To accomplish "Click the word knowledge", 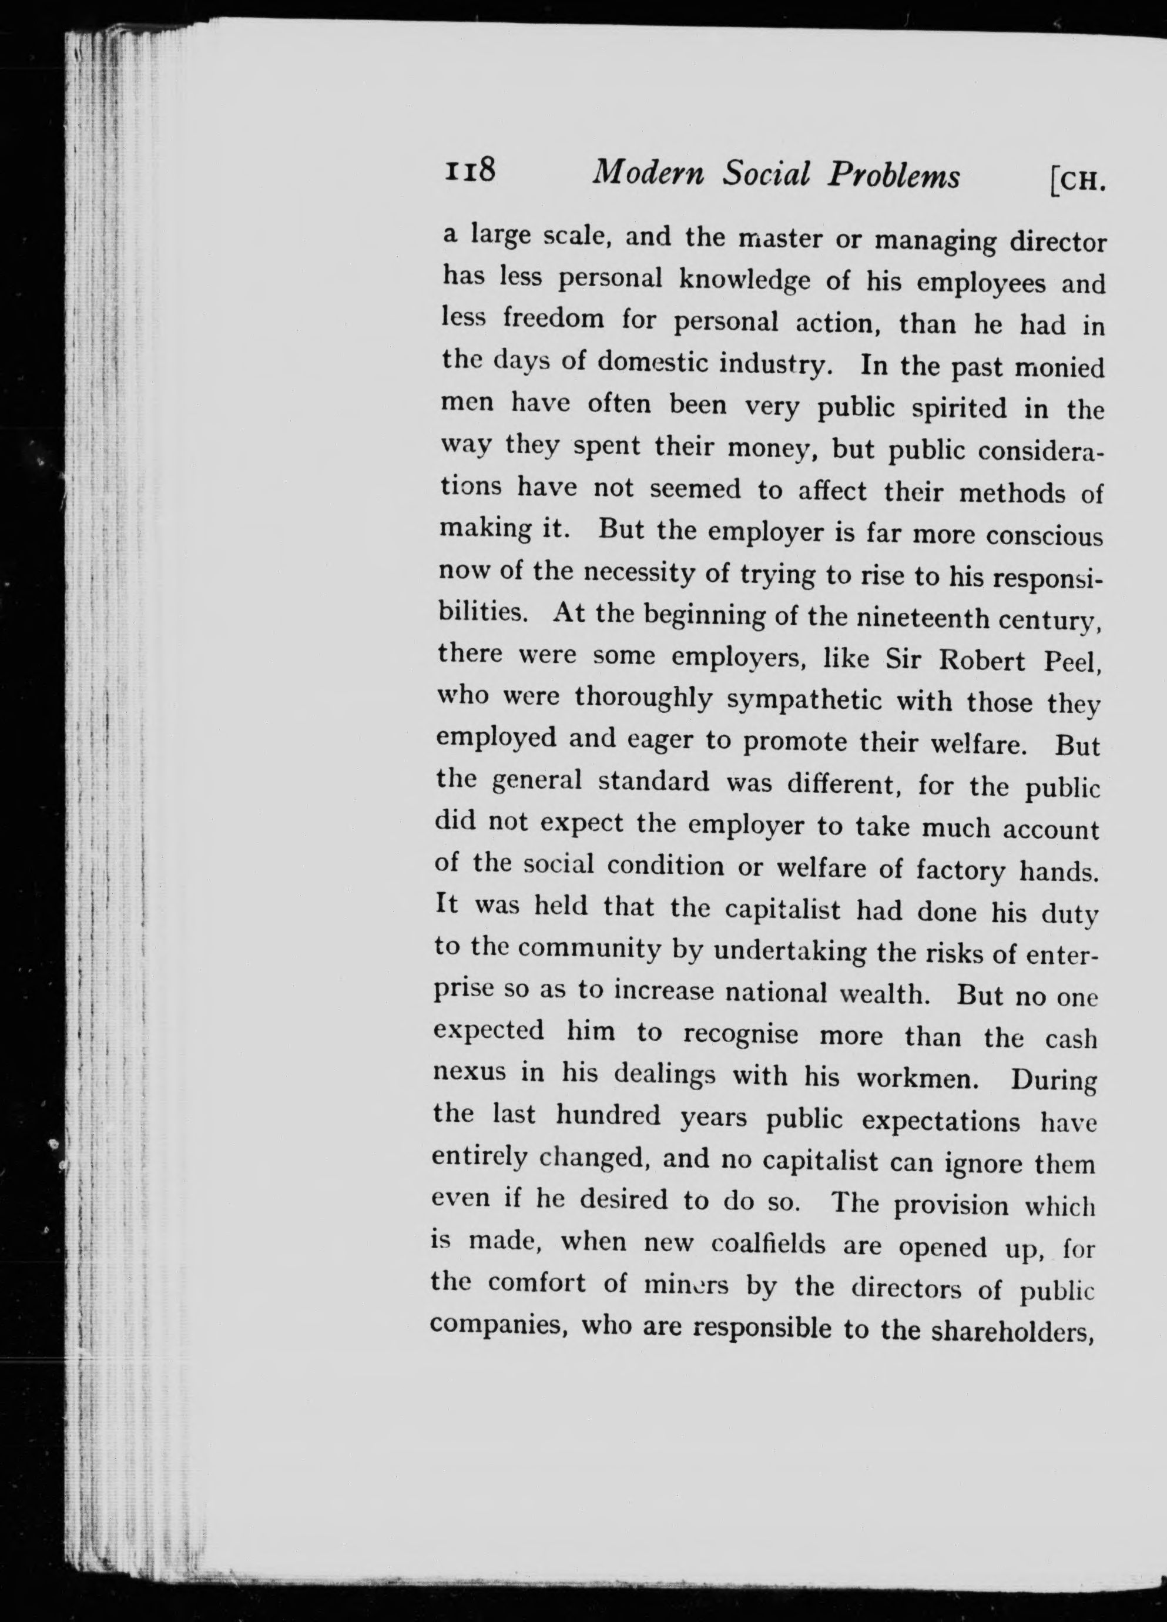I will click(744, 280).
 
